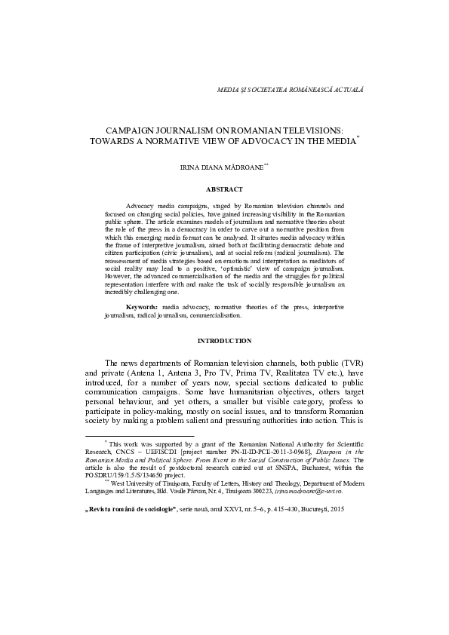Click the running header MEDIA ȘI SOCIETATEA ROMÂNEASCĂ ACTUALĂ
(291, 89)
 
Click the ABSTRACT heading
(224, 189)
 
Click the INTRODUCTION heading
(224, 341)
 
